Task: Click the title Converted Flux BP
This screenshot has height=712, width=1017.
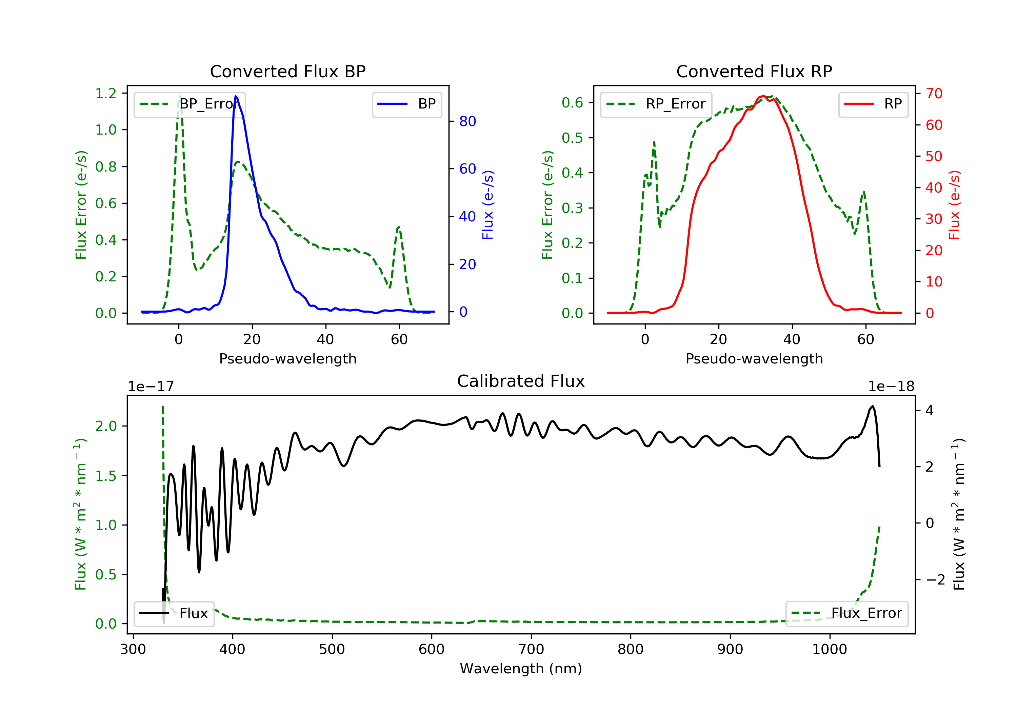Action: tap(287, 71)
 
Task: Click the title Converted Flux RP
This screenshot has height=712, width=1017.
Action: tap(754, 71)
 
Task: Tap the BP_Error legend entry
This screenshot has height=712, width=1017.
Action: tap(190, 104)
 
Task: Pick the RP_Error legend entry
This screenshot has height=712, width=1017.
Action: tap(656, 104)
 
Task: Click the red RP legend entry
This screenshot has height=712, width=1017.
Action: tap(873, 104)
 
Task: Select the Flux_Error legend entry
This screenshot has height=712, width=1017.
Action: tap(846, 613)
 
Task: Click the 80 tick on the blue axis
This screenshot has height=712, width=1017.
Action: tap(467, 121)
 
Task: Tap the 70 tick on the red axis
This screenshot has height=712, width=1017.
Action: tap(934, 94)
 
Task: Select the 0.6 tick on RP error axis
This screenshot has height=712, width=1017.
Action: tap(572, 103)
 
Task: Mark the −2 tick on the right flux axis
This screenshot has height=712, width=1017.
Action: tap(935, 579)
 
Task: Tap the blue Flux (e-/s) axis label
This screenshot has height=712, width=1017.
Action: tap(488, 205)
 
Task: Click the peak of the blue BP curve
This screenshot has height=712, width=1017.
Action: tap(236, 96)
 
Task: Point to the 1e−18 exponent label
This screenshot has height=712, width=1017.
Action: tap(891, 387)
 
